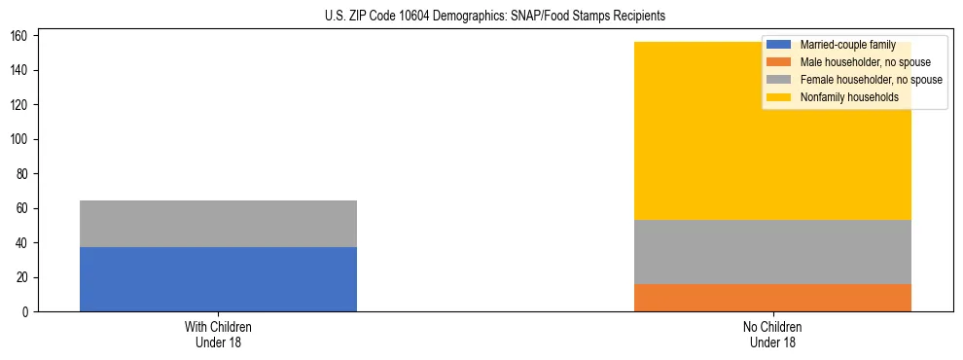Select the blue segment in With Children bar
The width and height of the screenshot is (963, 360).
click(218, 279)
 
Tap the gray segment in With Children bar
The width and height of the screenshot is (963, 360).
click(218, 224)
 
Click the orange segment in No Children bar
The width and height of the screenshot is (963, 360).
click(772, 298)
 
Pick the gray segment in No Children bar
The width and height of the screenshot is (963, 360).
click(772, 252)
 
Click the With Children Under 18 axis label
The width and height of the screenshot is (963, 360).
click(218, 334)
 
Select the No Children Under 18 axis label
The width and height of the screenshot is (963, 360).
click(772, 334)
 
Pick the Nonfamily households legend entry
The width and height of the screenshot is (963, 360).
click(849, 97)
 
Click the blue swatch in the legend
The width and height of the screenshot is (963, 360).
click(779, 45)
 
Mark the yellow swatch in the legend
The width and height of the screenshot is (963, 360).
click(779, 97)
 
